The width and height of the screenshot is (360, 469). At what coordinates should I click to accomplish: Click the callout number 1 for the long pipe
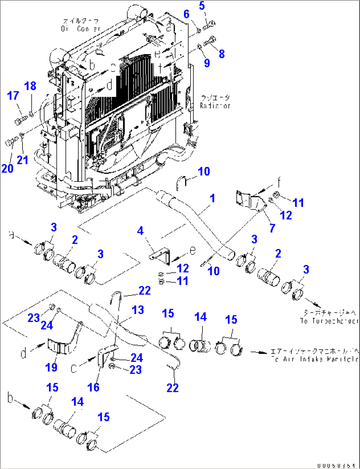(212, 198)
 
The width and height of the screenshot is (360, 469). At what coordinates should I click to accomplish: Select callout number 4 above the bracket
(140, 231)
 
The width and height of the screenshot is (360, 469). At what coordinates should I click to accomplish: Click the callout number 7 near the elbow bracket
(272, 228)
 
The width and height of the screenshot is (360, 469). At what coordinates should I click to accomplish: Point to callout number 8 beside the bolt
(222, 54)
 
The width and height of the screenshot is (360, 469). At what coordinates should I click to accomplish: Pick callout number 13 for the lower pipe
(138, 310)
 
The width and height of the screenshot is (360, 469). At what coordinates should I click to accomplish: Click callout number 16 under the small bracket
(93, 387)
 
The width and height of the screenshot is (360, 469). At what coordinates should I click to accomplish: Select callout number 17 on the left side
(13, 96)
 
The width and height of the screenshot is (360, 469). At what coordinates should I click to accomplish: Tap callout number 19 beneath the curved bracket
(52, 367)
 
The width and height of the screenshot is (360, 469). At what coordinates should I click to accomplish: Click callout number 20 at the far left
(7, 169)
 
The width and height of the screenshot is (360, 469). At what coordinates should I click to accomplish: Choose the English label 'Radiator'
(215, 106)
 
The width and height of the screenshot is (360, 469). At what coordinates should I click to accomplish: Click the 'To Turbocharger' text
(329, 321)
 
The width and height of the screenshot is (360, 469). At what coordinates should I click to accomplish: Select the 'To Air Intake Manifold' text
(314, 359)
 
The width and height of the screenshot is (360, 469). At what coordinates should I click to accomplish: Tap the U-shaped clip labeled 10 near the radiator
(181, 182)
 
